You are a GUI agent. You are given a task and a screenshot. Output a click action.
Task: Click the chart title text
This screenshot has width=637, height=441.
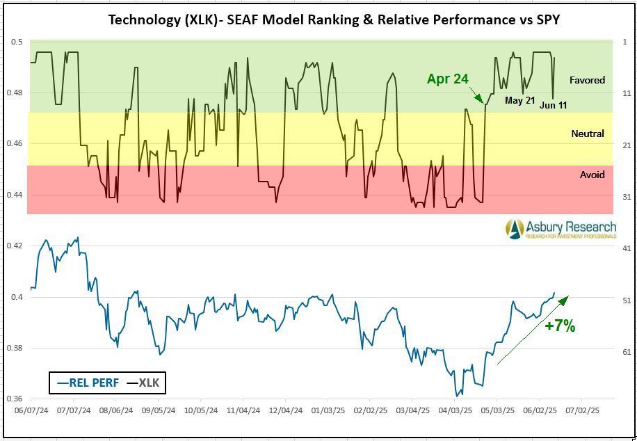(334, 19)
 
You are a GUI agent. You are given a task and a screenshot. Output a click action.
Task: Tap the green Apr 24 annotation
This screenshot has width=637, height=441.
(447, 79)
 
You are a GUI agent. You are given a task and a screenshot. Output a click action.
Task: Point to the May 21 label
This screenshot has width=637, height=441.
(520, 101)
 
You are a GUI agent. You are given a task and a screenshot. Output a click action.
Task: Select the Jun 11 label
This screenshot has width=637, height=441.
(554, 105)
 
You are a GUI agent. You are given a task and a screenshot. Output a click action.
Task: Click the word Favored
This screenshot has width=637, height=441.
(588, 80)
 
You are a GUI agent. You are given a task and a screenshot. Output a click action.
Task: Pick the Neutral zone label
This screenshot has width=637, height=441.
(588, 134)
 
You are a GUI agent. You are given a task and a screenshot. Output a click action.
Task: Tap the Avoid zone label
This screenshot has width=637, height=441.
(592, 175)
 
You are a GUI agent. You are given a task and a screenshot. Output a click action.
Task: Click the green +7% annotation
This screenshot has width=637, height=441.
(560, 326)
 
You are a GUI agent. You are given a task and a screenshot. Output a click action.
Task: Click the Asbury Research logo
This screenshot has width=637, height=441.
(561, 229)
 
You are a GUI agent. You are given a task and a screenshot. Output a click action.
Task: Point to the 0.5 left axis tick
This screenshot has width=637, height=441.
(17, 42)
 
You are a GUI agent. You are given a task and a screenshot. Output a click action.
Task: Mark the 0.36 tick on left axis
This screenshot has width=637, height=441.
(15, 399)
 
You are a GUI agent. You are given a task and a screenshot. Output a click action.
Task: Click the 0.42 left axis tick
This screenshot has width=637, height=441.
(15, 246)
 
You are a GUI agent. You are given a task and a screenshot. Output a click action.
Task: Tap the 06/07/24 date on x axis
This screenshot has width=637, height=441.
(30, 411)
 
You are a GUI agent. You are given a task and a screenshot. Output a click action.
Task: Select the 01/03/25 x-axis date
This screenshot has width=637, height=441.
(329, 411)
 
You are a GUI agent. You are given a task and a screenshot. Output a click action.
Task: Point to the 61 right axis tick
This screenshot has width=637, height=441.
(627, 352)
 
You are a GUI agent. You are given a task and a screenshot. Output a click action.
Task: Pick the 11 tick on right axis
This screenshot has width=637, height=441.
(627, 93)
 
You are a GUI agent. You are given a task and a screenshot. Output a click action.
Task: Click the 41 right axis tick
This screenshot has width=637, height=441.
(627, 248)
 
